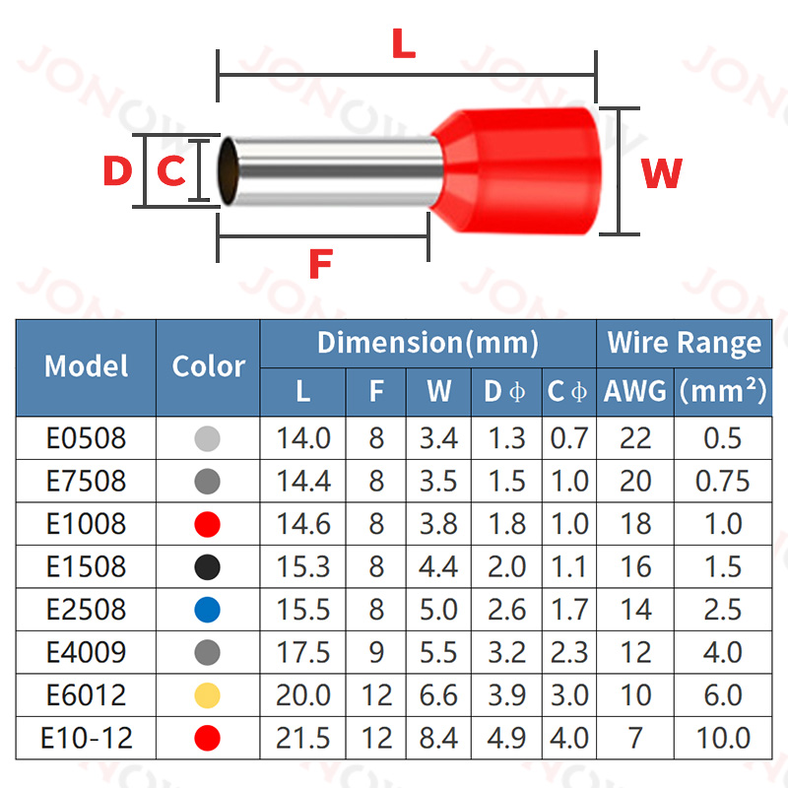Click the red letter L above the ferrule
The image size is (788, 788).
pos(404,44)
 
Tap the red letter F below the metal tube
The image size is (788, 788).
pos(321,264)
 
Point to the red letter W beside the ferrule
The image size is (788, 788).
pos(661,173)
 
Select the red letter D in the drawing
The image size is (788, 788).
pos(117,171)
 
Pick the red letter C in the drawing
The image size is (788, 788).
pos(171,171)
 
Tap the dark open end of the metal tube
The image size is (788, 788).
pos(228,172)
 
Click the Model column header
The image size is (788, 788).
pos(87,366)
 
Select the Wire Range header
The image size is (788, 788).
pos(684,343)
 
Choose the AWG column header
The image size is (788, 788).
pos(634,391)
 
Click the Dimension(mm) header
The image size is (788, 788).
pos(427,343)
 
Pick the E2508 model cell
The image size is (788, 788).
pos(87,609)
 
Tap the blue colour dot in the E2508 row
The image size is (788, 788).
pos(207,609)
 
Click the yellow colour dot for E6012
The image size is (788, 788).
pos(207,694)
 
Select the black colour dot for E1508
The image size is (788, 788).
pos(207,566)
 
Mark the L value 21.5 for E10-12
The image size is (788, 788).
pos(302,738)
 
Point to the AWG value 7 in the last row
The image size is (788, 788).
pos(634,738)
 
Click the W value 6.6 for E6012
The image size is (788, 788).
pos(438,694)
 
